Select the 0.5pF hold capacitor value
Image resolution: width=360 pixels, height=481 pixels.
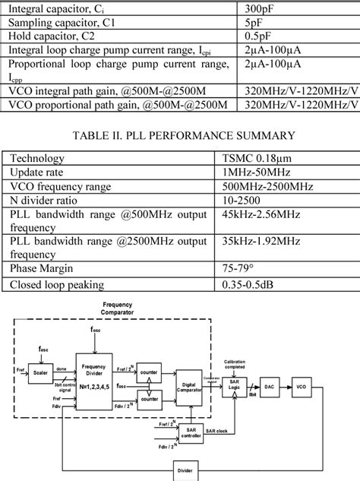(x=251, y=37)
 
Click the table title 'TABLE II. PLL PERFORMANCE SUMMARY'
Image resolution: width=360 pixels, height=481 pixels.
(x=179, y=136)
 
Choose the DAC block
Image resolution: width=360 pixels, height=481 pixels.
(x=269, y=387)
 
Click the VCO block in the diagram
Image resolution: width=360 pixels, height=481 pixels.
(x=302, y=387)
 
